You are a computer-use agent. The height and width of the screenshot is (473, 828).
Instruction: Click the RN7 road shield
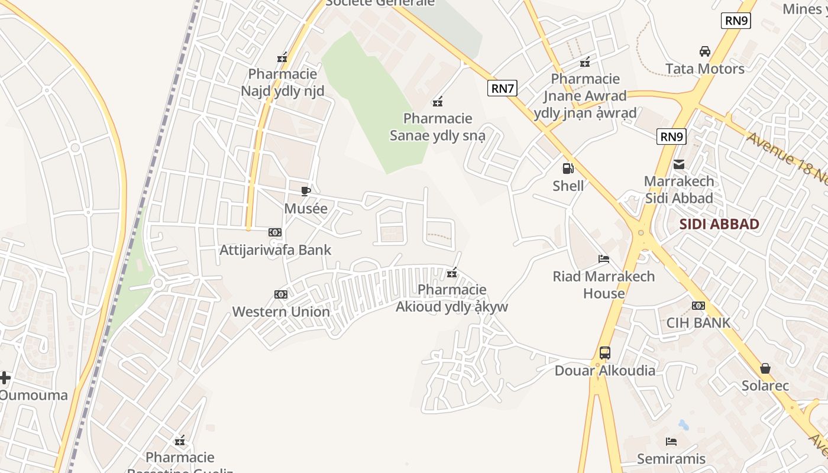[x=503, y=89]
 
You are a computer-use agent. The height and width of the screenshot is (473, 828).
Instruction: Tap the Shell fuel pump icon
[x=568, y=169]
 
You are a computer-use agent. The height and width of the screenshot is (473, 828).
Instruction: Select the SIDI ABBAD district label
[x=719, y=224]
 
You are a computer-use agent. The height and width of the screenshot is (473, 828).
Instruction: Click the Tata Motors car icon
[x=705, y=51]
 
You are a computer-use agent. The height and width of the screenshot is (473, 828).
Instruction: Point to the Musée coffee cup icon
[x=306, y=191]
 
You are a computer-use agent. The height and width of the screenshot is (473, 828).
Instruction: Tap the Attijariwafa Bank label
[x=276, y=250]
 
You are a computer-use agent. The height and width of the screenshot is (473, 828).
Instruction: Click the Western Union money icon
[x=281, y=294]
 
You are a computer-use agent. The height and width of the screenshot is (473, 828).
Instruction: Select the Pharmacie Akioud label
[x=452, y=298]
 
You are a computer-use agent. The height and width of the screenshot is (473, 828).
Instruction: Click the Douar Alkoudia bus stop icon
[x=604, y=353]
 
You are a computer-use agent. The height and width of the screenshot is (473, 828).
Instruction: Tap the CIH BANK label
[x=698, y=323]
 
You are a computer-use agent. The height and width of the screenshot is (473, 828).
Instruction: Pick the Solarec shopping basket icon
[x=765, y=368]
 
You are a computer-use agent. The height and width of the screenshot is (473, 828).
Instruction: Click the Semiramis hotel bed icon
[x=671, y=442]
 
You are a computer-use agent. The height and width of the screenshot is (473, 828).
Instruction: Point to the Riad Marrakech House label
[x=604, y=284]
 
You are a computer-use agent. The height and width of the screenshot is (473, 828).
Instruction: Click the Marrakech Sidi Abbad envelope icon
[x=678, y=164]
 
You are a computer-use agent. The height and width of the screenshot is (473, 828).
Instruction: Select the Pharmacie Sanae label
[x=438, y=127]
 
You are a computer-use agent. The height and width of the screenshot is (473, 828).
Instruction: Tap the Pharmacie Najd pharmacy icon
[x=282, y=58]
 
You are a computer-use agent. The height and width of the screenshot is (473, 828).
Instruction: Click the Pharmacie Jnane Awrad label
[x=586, y=96]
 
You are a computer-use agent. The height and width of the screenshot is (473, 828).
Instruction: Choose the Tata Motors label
[x=705, y=69]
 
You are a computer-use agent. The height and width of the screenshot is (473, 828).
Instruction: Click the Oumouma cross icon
[x=5, y=377]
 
